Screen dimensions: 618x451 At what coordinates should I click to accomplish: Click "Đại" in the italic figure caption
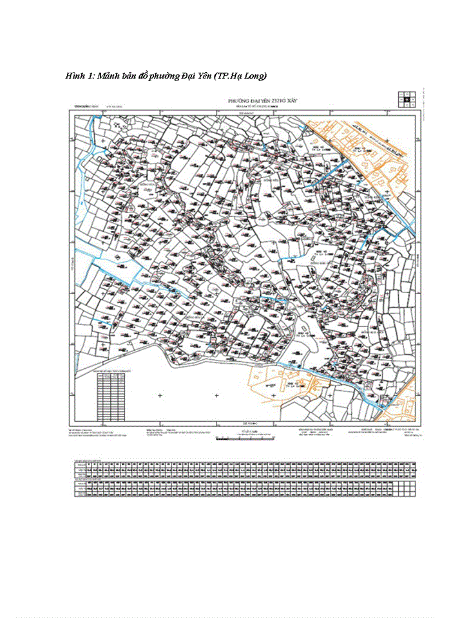(x=195, y=76)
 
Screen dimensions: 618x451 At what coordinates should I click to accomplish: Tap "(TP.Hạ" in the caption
(x=236, y=76)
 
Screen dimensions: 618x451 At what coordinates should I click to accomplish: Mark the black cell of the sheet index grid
(x=408, y=99)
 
